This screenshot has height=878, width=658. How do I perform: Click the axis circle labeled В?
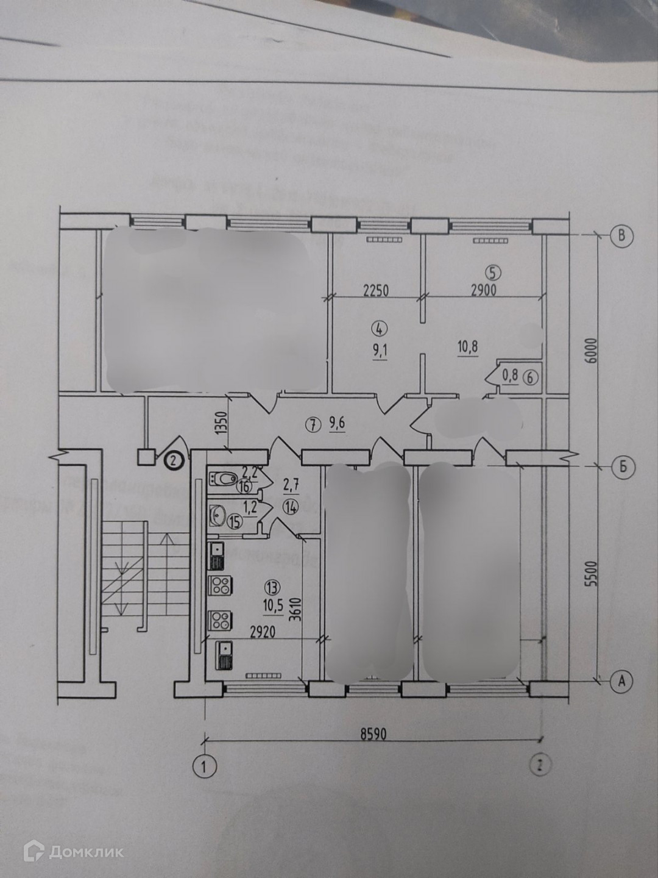(x=621, y=235)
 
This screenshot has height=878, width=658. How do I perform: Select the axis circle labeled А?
(x=621, y=680)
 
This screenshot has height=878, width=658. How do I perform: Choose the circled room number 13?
(x=272, y=587)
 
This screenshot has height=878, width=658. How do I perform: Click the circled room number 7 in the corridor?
(x=313, y=426)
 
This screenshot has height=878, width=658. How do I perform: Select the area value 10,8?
(x=467, y=348)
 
